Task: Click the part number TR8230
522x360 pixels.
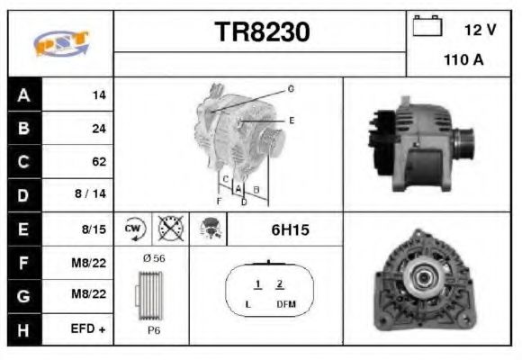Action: [x=262, y=32]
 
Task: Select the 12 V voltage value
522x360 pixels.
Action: [x=480, y=30]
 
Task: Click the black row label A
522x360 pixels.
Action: [x=23, y=94]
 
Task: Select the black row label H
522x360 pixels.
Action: [x=23, y=329]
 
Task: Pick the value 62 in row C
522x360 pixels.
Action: [x=99, y=162]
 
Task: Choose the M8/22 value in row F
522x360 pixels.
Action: [x=89, y=263]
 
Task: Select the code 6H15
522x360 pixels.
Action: [x=290, y=229]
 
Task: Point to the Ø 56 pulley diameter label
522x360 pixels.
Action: [x=153, y=258]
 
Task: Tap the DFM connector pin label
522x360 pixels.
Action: [x=286, y=305]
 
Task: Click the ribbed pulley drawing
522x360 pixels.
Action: [x=151, y=294]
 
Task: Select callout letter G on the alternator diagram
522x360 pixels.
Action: [x=291, y=89]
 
